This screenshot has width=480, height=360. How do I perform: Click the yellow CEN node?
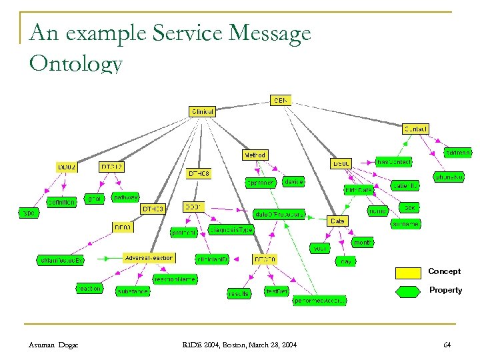(x=281, y=100)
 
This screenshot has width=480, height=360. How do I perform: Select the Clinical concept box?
(x=202, y=112)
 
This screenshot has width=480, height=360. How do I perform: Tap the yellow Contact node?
(x=415, y=129)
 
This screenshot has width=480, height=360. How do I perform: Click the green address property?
(x=457, y=153)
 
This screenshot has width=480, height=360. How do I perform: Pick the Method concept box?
(x=254, y=155)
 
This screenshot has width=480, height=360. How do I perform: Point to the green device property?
(x=293, y=181)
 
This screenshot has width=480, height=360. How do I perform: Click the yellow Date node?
(x=338, y=221)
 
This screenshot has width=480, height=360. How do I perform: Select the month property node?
(x=362, y=243)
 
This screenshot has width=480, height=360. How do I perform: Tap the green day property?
(x=345, y=262)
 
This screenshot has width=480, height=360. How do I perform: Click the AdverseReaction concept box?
(x=149, y=257)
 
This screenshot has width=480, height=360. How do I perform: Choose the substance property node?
(x=132, y=291)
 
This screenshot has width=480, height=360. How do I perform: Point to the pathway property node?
(x=125, y=197)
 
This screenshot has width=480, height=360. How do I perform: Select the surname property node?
(x=405, y=224)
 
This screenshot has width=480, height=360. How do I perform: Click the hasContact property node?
(x=393, y=162)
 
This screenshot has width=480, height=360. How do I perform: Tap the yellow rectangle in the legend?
(x=408, y=273)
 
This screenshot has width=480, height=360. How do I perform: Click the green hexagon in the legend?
(x=408, y=291)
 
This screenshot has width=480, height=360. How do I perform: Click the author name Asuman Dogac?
(x=53, y=344)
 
